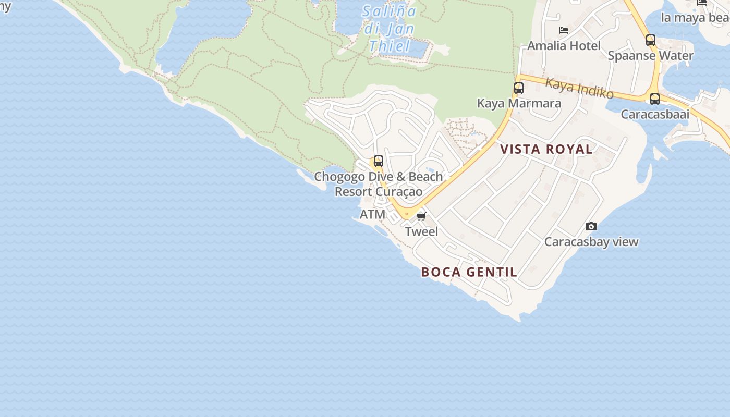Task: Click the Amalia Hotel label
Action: (x=564, y=46)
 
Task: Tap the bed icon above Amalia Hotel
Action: (x=564, y=30)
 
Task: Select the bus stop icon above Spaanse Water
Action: (x=650, y=40)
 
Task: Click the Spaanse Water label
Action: (x=650, y=56)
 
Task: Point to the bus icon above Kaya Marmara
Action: (x=518, y=88)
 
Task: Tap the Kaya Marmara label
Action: (x=519, y=103)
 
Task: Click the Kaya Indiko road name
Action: (x=579, y=88)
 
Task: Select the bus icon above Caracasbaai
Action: (x=654, y=99)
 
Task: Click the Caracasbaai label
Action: (x=654, y=114)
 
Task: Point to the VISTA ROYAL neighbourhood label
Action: (x=546, y=149)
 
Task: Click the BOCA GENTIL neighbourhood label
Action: (x=469, y=272)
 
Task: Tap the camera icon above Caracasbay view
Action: (x=591, y=226)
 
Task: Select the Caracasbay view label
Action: (x=591, y=242)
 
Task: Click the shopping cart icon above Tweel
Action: (x=421, y=216)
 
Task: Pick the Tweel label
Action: (x=421, y=231)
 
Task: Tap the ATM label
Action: (x=372, y=214)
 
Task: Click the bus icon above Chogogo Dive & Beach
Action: (x=378, y=161)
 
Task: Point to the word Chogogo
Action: (x=339, y=177)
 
